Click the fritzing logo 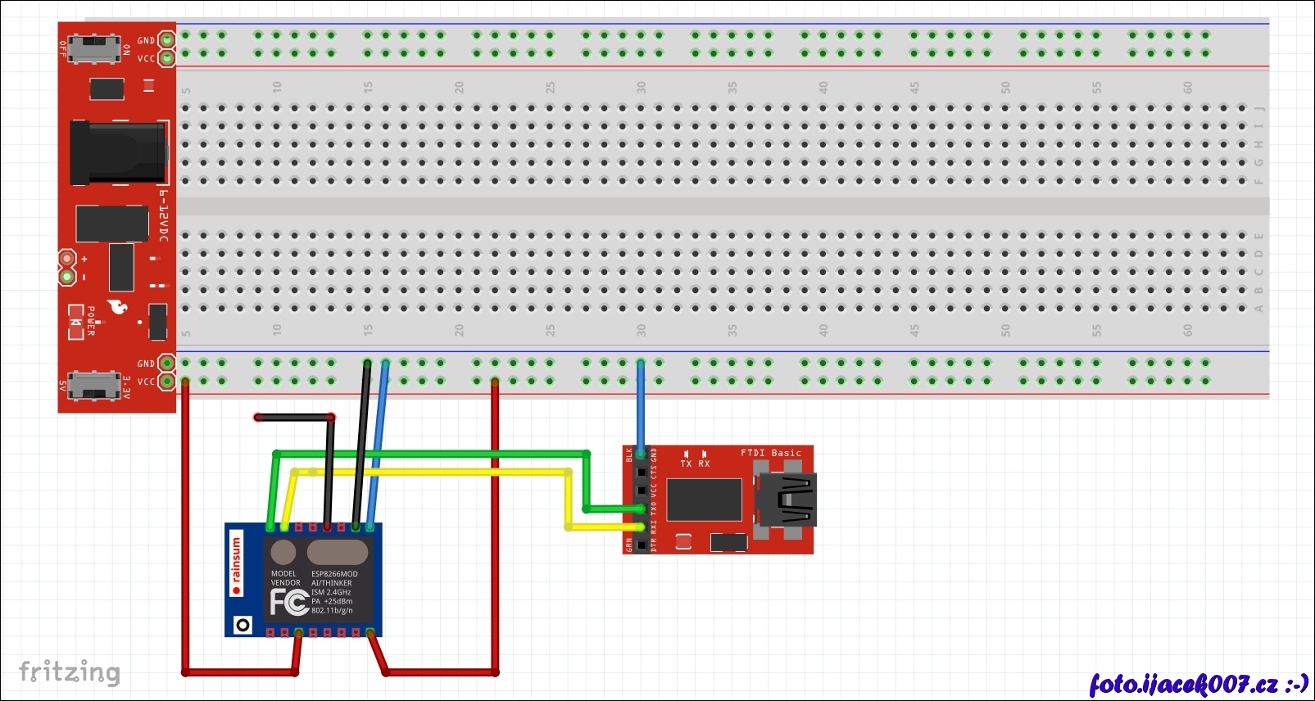[x=70, y=672]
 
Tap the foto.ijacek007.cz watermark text [x=1198, y=684]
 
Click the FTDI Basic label [x=771, y=453]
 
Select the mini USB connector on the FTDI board [x=786, y=500]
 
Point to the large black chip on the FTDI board [x=705, y=500]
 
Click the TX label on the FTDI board [x=686, y=464]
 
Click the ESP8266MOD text [x=334, y=574]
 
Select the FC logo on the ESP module [x=289, y=602]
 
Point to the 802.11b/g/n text [x=332, y=611]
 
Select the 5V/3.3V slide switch [x=93, y=384]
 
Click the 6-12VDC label [x=164, y=216]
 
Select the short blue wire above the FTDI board [x=641, y=405]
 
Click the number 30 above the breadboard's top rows [x=641, y=87]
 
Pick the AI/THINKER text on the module [x=331, y=583]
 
